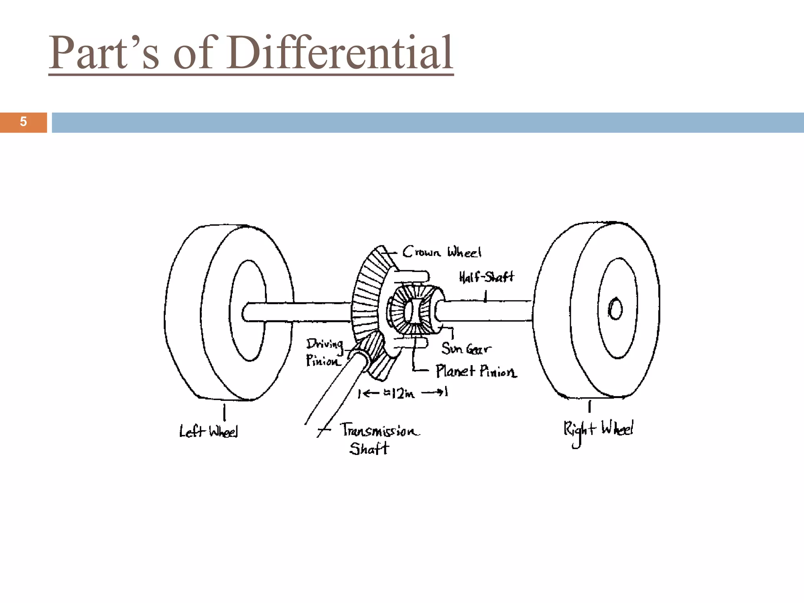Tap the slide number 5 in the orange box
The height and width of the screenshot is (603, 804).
[x=23, y=122]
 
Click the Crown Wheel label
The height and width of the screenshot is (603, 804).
[x=442, y=252]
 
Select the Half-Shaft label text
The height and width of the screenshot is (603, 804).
[x=486, y=277]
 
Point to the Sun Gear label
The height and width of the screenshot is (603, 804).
[x=466, y=348]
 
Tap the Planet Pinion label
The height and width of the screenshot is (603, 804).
[x=476, y=371]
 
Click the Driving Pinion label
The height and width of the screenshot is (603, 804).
[x=324, y=353]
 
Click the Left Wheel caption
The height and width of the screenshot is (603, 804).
[x=208, y=431]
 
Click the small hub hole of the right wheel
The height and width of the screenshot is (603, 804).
[x=615, y=309]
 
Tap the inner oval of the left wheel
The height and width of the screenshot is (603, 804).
[x=249, y=310]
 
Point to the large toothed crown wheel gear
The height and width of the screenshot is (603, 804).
[x=367, y=298]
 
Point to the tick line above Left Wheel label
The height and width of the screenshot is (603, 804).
[x=224, y=412]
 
